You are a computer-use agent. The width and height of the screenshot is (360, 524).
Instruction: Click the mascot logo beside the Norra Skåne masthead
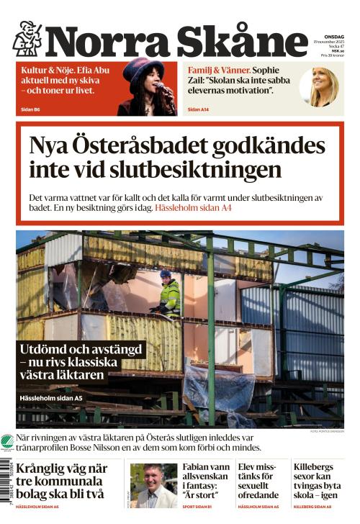click(x=27, y=38)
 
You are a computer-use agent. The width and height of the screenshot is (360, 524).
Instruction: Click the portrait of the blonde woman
click(x=323, y=87)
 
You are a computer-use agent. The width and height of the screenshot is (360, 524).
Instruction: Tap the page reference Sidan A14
click(x=198, y=109)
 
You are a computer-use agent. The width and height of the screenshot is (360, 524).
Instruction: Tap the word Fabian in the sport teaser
click(x=196, y=466)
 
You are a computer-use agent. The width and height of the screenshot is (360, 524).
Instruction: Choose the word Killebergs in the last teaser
click(x=319, y=466)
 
